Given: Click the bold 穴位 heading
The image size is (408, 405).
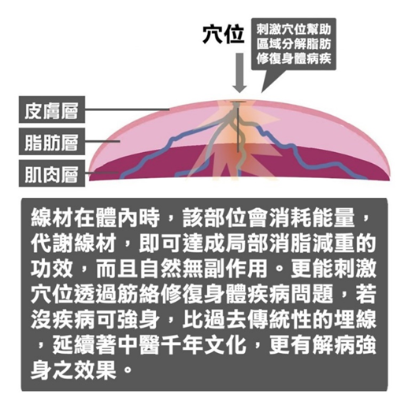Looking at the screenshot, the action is point(224,34).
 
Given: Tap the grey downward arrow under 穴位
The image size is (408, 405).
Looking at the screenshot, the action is point(239,72).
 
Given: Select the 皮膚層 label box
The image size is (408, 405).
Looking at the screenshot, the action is point(52,110).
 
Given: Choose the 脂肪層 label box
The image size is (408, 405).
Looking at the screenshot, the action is point(52,142).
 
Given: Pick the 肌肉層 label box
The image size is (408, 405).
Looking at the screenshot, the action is point(52,173).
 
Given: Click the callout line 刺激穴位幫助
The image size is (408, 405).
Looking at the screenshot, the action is point(294,29).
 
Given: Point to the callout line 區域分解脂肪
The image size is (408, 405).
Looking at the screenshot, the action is point(294,44).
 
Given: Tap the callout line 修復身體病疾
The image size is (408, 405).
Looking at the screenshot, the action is point(294,58).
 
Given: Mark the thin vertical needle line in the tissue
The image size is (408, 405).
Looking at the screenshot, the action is point(238,127).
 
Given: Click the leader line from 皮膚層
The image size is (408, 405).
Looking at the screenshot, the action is point(127,109).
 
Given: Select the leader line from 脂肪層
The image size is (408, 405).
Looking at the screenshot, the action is point(102,141).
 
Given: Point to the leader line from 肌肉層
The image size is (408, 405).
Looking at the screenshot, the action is point(102,173).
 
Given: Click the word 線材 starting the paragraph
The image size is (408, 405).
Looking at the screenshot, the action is point(52,218).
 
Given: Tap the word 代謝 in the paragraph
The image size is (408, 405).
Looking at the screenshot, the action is point(52,243).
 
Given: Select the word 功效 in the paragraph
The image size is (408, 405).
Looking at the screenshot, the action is point(52,269).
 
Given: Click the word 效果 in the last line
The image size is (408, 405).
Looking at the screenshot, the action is point(95,370).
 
